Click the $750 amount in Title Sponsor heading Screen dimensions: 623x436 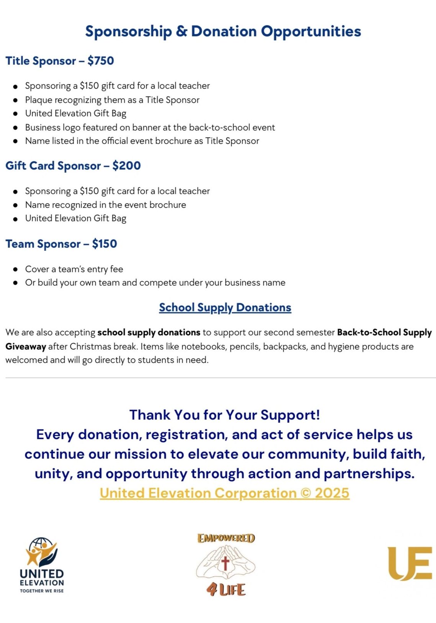point(101,61)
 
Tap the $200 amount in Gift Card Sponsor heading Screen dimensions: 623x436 point(126,166)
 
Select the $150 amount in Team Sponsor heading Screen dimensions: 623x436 point(105,244)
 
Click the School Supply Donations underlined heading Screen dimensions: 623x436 point(225,307)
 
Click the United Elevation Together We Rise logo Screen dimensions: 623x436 point(42,565)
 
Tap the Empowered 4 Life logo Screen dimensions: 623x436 point(226,565)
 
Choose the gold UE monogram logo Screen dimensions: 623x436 point(410,563)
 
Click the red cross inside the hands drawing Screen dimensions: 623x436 point(225,563)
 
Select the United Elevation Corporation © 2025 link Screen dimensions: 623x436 point(225,493)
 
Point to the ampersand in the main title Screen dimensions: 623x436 point(181,31)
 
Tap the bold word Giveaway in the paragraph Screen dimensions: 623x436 point(26,347)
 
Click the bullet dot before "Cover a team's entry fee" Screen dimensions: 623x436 point(15,269)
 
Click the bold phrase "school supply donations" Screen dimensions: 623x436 point(149,332)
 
